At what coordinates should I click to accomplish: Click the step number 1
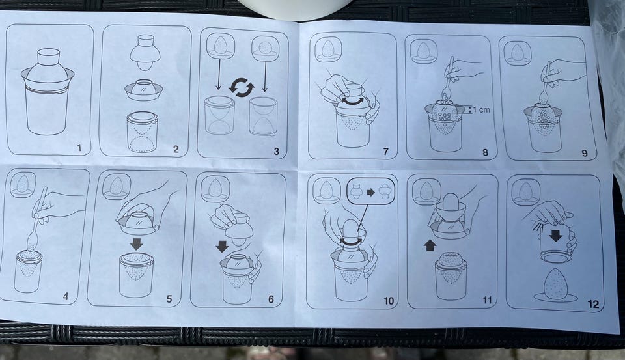(x=79, y=148)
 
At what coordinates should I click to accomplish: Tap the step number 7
(x=385, y=152)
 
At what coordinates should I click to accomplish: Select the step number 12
(x=593, y=305)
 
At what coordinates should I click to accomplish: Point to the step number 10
(x=389, y=301)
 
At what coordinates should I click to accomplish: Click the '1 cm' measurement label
(x=481, y=109)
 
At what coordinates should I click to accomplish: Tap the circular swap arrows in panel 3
(x=242, y=87)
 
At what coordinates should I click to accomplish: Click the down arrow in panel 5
(x=136, y=244)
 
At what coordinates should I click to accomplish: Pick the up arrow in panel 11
(x=429, y=245)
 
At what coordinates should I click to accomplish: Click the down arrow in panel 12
(x=555, y=236)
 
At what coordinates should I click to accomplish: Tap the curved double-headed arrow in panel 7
(x=352, y=102)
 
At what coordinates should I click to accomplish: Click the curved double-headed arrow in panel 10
(x=351, y=242)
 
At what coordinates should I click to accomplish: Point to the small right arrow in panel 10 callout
(x=370, y=193)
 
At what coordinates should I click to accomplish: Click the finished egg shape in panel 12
(x=555, y=283)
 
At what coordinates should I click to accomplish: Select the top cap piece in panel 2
(x=145, y=52)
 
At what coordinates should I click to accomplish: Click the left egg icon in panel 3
(x=221, y=46)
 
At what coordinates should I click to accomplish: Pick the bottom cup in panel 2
(x=143, y=132)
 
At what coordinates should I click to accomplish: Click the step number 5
(x=169, y=299)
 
